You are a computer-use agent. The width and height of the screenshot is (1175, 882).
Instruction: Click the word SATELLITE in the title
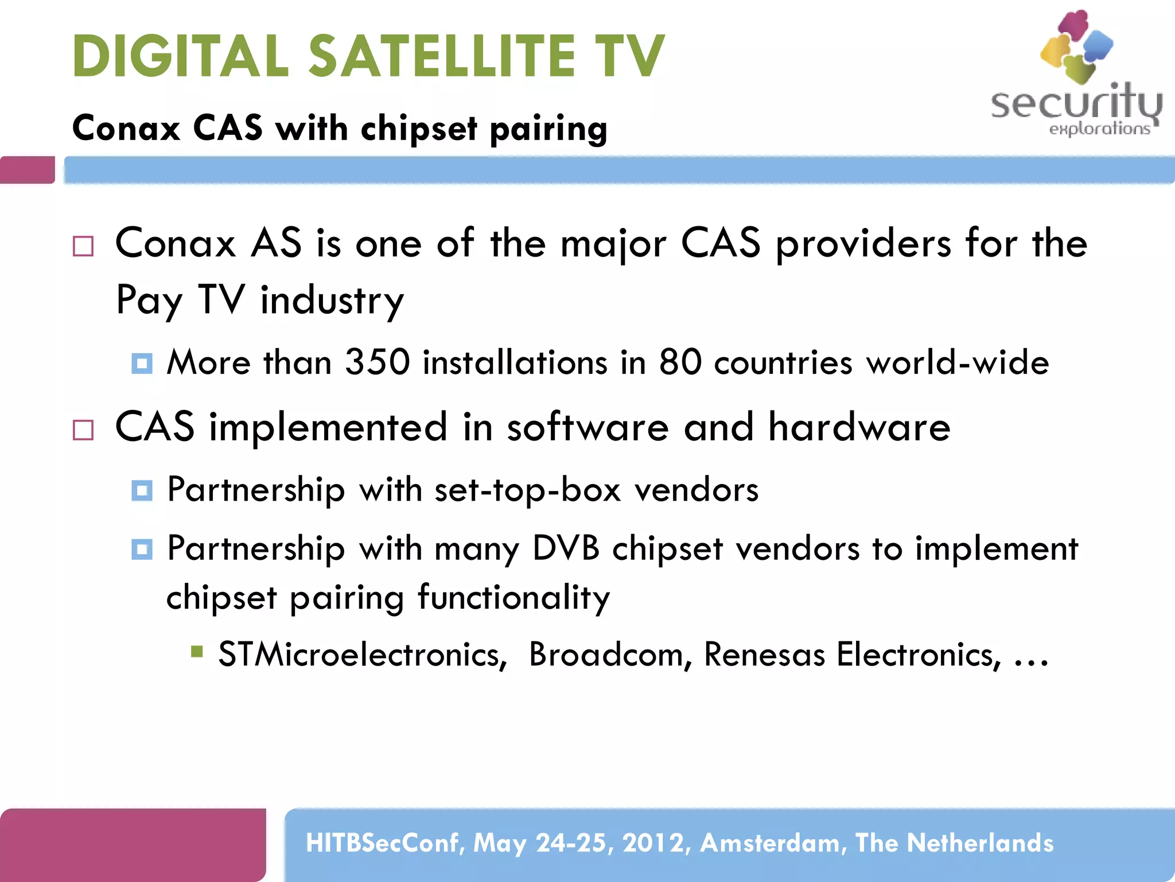coord(442,56)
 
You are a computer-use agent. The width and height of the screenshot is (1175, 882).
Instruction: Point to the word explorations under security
coord(1099,129)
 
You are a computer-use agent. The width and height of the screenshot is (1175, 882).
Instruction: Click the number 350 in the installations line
coord(378,362)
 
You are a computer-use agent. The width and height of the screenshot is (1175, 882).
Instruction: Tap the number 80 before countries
coord(680,362)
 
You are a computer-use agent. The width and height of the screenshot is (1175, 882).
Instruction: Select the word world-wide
coord(957,362)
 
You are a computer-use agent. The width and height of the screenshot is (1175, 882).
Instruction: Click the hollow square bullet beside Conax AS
coord(83,246)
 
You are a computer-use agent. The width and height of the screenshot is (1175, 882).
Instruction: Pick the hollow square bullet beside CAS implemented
coord(83,430)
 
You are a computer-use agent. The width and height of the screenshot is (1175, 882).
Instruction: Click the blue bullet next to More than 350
coord(142,363)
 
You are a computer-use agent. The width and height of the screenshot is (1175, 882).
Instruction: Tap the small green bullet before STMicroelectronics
coord(197,651)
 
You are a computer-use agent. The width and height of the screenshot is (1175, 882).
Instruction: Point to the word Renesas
coord(764,654)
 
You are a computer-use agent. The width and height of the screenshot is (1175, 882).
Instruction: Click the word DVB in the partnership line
coord(566,548)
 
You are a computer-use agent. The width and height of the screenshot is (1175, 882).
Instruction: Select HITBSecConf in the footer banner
coord(384,843)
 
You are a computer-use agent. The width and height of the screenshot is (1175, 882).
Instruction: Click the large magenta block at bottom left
coord(133,844)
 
